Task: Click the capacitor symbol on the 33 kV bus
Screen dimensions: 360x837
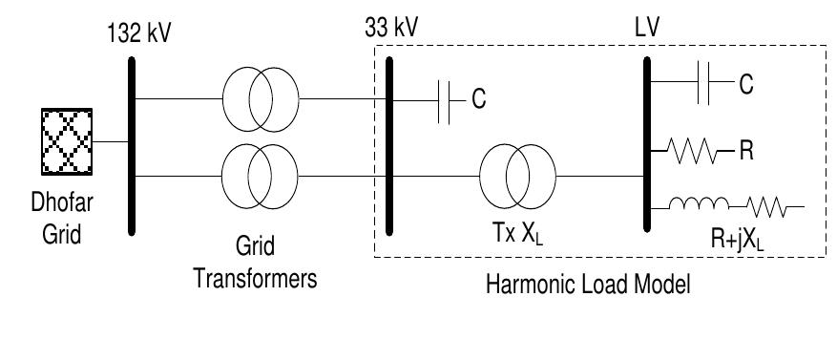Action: coord(443,99)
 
